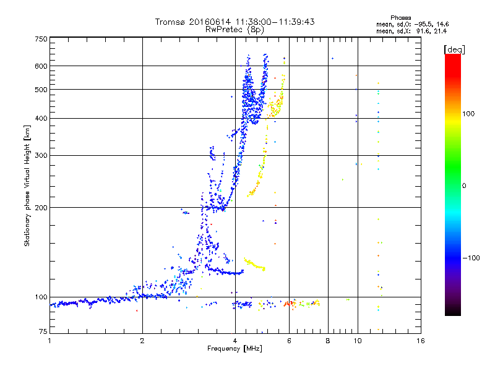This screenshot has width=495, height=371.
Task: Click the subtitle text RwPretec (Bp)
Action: click(235, 29)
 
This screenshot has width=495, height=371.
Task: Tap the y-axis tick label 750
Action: click(41, 39)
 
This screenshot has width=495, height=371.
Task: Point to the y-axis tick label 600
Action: click(41, 66)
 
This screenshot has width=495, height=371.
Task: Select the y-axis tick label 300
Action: click(41, 155)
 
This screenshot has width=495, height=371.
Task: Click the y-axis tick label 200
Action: click(41, 208)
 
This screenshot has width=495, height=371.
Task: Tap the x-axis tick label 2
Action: click(142, 341)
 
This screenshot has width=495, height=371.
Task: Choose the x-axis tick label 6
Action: click(289, 341)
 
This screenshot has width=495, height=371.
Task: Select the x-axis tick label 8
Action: click(327, 341)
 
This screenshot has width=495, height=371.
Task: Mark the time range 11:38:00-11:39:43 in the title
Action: click(274, 22)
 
